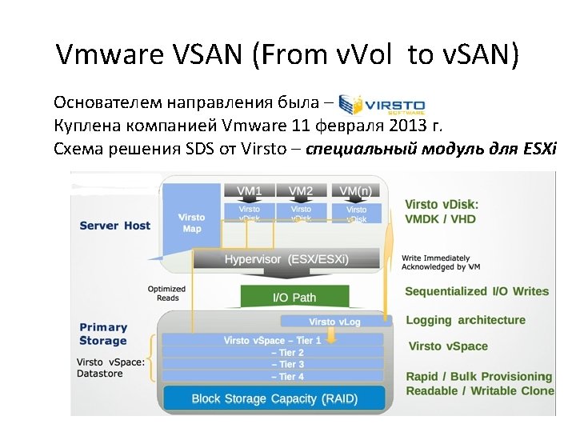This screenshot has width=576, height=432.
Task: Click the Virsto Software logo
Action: tap(382, 105)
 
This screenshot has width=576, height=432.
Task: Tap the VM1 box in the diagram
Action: tap(249, 190)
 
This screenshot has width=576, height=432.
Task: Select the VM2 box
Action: tap(301, 190)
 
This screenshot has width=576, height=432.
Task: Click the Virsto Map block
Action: tap(192, 222)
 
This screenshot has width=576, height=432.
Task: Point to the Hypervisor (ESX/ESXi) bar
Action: tap(286, 260)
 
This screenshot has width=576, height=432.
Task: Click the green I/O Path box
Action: tap(294, 297)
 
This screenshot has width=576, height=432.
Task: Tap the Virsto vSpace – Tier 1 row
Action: tap(272, 340)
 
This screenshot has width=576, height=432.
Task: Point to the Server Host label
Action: tap(114, 226)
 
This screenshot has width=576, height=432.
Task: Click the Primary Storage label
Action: tap(103, 334)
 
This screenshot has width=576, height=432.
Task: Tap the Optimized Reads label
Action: tap(166, 293)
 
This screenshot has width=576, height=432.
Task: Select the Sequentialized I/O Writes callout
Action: tap(477, 292)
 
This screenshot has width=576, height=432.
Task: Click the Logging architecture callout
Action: tap(465, 320)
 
